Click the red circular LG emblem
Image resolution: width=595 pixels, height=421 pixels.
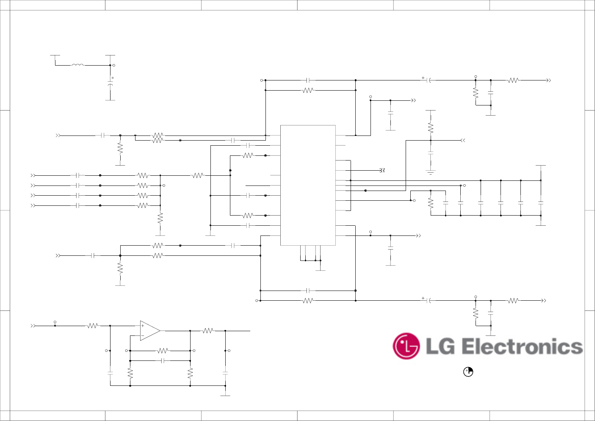pos(406,346)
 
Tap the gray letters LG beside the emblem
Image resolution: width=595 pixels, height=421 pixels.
pos(440,347)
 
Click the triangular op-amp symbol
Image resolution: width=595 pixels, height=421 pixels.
pos(150,331)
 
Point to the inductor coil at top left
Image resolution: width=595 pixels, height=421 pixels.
pos(78,65)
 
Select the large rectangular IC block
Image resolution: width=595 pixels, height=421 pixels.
pos(308,185)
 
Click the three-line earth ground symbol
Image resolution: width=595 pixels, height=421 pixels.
pos(431,172)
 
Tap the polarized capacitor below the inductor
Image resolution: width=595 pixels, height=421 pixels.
pos(110,84)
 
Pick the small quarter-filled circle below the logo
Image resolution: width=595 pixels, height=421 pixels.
pos(468,372)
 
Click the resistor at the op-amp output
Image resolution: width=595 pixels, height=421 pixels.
pos(208,331)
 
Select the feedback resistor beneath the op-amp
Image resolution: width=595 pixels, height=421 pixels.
pos(163,351)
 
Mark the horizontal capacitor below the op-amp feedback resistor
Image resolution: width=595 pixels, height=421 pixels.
pos(163,361)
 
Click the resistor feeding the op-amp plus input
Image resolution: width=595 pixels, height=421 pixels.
pos(93,325)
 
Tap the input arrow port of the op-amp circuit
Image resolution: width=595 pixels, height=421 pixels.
pos(33,325)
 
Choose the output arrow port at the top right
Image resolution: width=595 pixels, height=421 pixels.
pos(549,80)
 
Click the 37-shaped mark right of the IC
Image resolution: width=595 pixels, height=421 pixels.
pos(382,170)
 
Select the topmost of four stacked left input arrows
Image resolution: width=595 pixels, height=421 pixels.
pos(33,176)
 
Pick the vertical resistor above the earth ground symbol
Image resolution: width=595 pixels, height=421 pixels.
pos(431,127)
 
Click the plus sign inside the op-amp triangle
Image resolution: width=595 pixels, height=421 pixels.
pos(143,326)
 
